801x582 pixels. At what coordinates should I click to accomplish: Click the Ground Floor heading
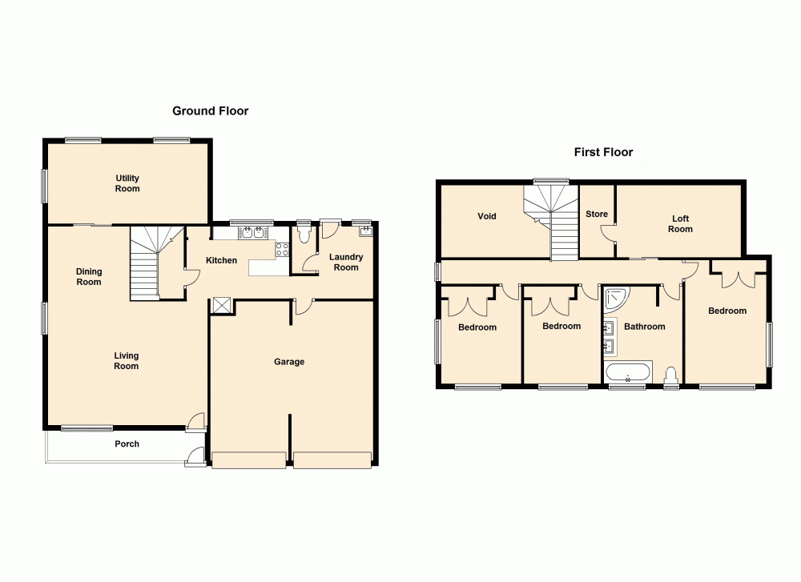pyautogui.click(x=211, y=111)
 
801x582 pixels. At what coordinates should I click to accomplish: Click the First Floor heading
pyautogui.click(x=603, y=152)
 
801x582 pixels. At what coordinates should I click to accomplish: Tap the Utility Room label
pyautogui.click(x=127, y=183)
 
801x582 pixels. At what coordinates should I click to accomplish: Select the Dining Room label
pyautogui.click(x=89, y=277)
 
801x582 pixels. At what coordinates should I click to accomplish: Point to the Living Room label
pyautogui.click(x=126, y=361)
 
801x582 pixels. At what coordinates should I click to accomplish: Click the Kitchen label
pyautogui.click(x=221, y=261)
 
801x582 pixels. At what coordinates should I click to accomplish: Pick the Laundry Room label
pyautogui.click(x=346, y=263)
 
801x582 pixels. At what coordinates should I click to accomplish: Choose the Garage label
pyautogui.click(x=289, y=362)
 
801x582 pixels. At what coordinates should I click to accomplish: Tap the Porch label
pyautogui.click(x=127, y=444)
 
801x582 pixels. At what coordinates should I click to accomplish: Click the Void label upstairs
pyautogui.click(x=487, y=216)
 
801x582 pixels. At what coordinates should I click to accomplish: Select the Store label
pyautogui.click(x=597, y=215)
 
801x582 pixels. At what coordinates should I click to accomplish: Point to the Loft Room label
pyautogui.click(x=680, y=224)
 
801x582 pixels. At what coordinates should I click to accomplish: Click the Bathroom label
pyautogui.click(x=645, y=327)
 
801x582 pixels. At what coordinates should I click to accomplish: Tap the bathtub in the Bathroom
pyautogui.click(x=629, y=374)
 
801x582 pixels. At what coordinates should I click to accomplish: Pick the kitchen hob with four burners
pyautogui.click(x=282, y=249)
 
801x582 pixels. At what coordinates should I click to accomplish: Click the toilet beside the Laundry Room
pyautogui.click(x=304, y=234)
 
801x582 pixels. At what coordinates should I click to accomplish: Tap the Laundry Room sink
pyautogui.click(x=366, y=232)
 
